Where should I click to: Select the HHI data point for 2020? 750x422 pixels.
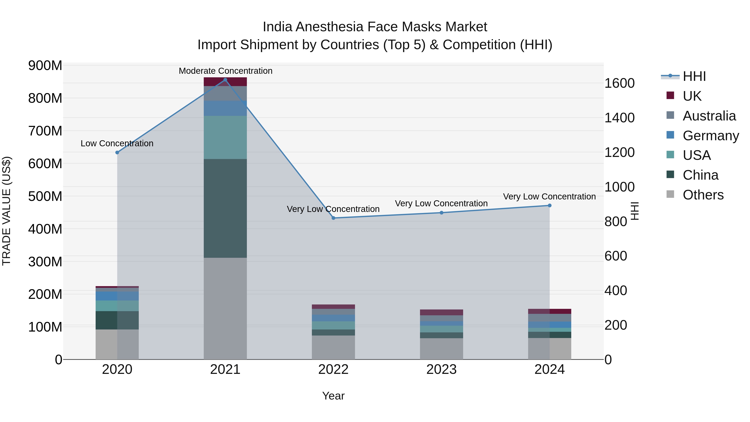tap(117, 152)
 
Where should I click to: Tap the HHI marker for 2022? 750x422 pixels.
tap(333, 218)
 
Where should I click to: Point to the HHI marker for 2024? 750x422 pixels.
tap(549, 205)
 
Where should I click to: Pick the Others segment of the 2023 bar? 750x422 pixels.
tap(441, 349)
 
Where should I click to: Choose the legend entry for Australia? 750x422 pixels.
tap(709, 116)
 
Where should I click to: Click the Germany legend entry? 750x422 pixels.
tap(710, 135)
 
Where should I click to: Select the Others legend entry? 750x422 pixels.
tap(703, 195)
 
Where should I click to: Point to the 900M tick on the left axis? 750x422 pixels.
tap(45, 65)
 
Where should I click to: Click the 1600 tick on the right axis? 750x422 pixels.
tap(620, 83)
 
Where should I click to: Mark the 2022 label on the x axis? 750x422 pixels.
tap(333, 369)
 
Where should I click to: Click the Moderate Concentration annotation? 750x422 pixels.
tap(225, 71)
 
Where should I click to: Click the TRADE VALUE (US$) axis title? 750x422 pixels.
tap(7, 211)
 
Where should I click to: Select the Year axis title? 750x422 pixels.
tap(333, 396)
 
